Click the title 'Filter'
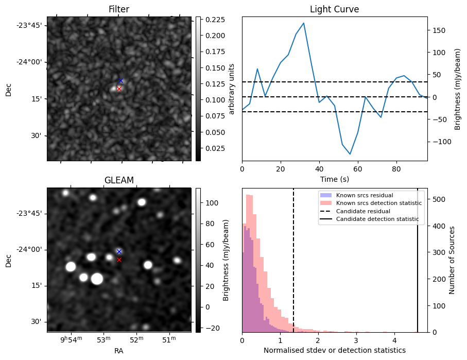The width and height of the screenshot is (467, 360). (x=119, y=9)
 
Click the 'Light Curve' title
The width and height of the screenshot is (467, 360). (x=334, y=9)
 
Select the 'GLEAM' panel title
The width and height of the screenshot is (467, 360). (x=119, y=180)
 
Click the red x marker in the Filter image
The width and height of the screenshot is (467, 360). (x=119, y=89)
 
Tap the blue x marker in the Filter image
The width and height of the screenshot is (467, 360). (x=120, y=80)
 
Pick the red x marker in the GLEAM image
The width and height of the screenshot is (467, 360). (x=119, y=260)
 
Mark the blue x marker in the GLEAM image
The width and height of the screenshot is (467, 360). (x=119, y=251)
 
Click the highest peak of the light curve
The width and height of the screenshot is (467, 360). (x=304, y=23)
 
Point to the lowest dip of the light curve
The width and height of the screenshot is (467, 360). (x=350, y=154)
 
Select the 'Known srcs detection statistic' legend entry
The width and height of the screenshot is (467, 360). (x=378, y=203)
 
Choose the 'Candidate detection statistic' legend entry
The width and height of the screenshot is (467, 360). (x=377, y=219)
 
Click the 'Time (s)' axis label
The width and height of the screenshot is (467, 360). (x=334, y=178)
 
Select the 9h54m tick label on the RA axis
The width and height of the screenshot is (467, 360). (x=72, y=339)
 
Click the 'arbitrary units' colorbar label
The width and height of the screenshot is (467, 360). (x=232, y=89)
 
